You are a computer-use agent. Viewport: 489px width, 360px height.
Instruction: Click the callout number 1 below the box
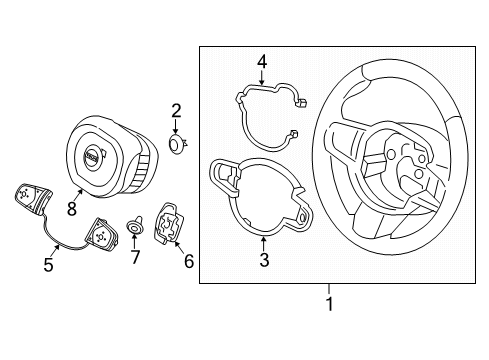tap(329, 304)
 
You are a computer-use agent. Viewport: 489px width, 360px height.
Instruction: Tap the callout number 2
tap(176, 111)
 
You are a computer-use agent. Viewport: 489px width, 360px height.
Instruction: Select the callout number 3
tap(264, 260)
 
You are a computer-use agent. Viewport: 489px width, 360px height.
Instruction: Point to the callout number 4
tap(262, 62)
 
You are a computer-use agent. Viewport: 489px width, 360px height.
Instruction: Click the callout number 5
tap(49, 265)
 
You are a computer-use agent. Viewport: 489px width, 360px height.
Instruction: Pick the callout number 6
tap(189, 261)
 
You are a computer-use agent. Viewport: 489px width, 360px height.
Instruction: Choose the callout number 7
tap(135, 257)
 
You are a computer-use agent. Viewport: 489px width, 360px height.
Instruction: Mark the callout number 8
tap(72, 209)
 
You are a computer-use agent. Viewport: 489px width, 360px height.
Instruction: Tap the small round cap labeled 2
tap(176, 144)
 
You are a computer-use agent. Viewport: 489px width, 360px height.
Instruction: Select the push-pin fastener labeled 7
tap(134, 225)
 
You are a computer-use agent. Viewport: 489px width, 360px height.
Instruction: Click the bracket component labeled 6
tap(169, 223)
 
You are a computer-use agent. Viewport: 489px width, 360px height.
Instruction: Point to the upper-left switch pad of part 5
tap(33, 197)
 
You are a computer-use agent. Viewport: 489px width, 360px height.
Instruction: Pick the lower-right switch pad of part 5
tap(102, 233)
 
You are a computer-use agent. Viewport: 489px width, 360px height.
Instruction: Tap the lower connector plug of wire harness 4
tap(293, 133)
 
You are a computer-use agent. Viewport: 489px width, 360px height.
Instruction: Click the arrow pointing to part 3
tap(263, 244)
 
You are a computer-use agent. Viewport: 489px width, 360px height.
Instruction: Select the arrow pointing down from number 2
tap(176, 128)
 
